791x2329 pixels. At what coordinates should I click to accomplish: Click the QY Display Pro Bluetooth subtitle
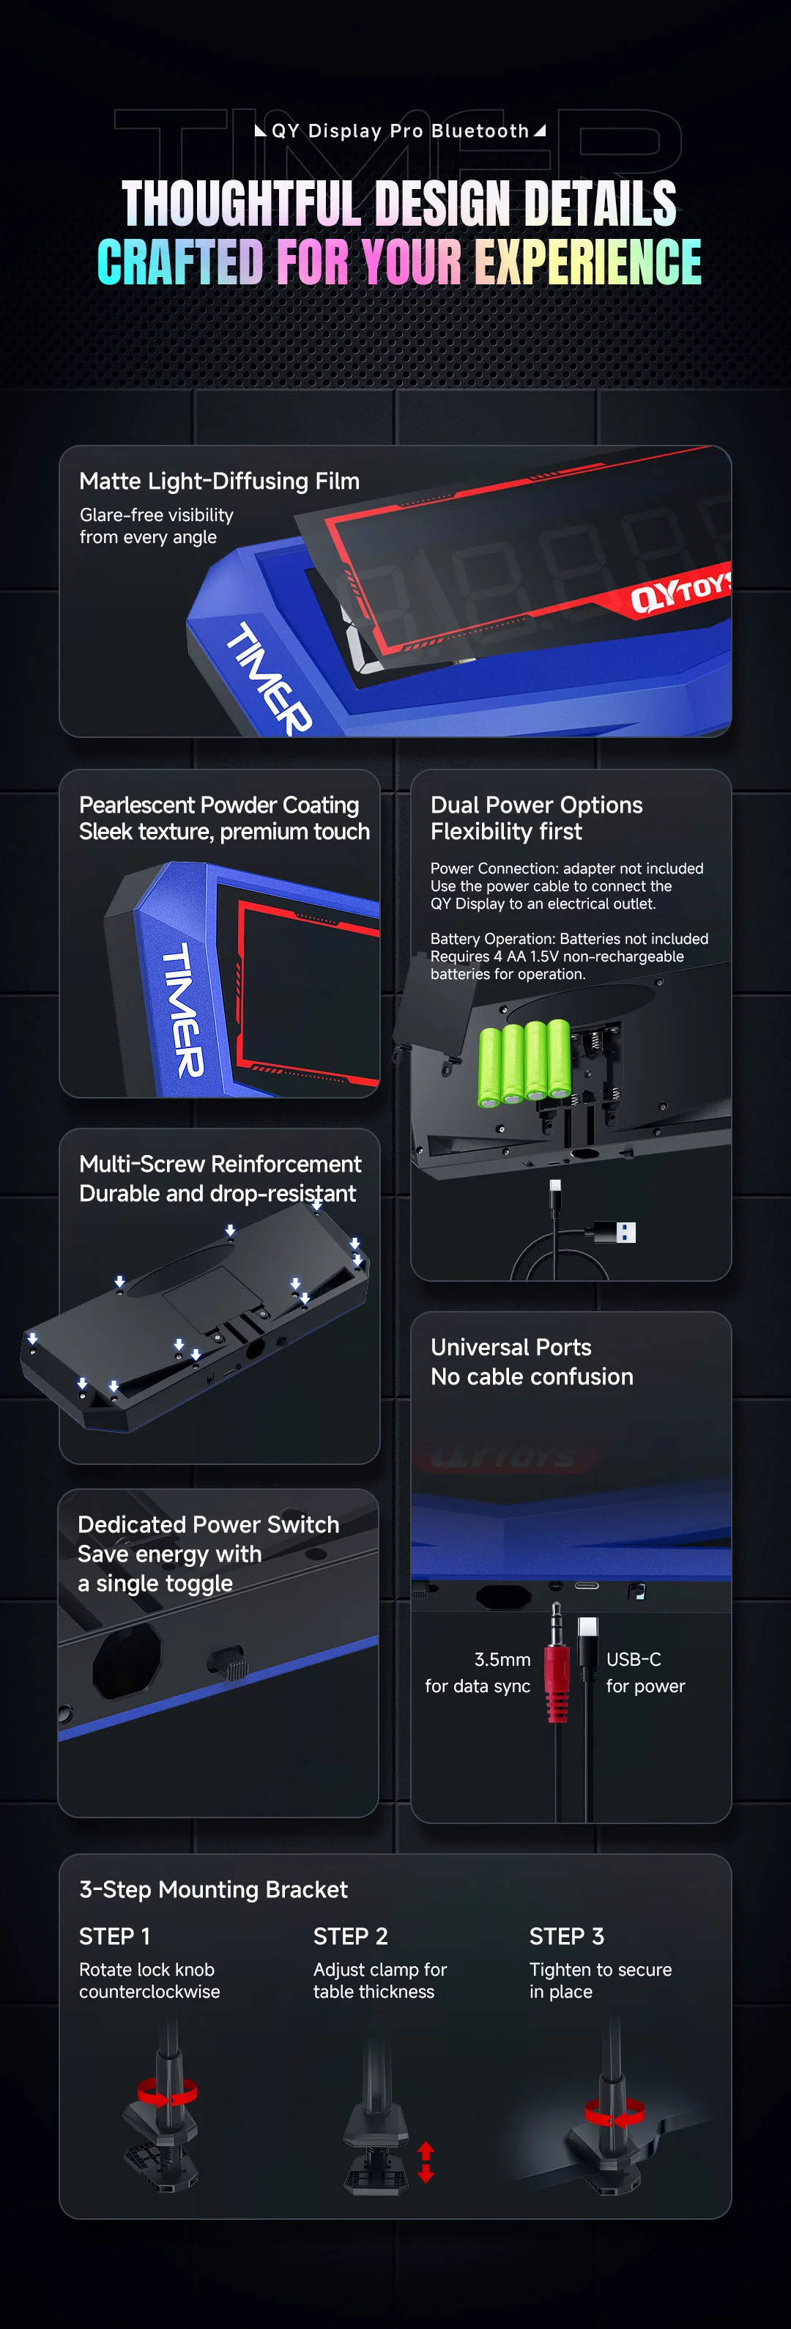[401, 131]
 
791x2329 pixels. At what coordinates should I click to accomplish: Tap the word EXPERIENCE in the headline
[589, 262]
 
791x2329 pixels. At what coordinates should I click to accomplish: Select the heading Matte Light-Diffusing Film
[220, 481]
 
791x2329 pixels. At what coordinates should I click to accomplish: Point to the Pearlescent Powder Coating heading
[219, 805]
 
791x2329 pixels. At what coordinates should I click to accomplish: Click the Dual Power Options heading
[536, 805]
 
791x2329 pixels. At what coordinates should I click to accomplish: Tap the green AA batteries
[524, 1063]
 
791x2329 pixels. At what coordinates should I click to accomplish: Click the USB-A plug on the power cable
[614, 1231]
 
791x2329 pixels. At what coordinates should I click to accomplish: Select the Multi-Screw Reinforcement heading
[220, 1164]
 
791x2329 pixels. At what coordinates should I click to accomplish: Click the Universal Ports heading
[510, 1347]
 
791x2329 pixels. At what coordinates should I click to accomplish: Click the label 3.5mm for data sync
[478, 1672]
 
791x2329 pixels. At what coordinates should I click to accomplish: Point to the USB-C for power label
[645, 1672]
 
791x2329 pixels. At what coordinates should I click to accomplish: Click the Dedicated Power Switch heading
[208, 1524]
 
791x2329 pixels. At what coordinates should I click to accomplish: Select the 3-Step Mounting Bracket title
[213, 1889]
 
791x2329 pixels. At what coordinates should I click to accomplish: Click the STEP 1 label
[115, 1937]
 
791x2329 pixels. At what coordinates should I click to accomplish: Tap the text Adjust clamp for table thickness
[379, 1980]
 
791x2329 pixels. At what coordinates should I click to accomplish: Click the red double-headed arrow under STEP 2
[426, 2163]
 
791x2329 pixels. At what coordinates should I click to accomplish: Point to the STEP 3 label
[567, 1937]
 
